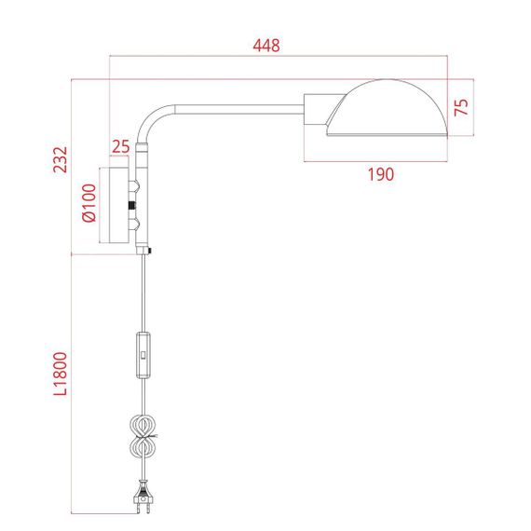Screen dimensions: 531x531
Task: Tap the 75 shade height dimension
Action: [461, 105]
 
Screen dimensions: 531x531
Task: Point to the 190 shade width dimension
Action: [380, 173]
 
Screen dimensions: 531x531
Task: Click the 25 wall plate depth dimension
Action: [120, 146]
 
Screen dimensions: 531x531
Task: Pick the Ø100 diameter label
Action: [88, 205]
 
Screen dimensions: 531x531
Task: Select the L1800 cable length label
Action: [60, 373]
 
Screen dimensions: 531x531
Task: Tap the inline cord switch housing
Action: [143, 355]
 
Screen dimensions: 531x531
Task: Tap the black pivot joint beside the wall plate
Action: [132, 205]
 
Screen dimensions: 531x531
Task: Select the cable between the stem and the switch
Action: [143, 293]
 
